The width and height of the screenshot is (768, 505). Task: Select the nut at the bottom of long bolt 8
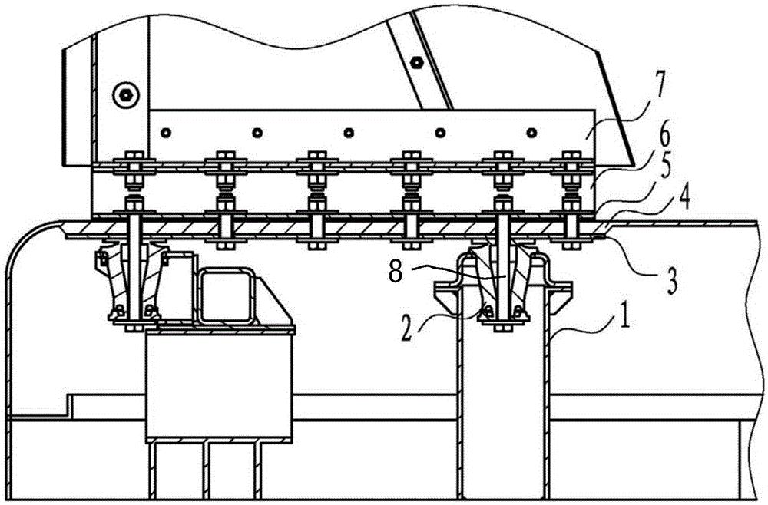501,330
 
